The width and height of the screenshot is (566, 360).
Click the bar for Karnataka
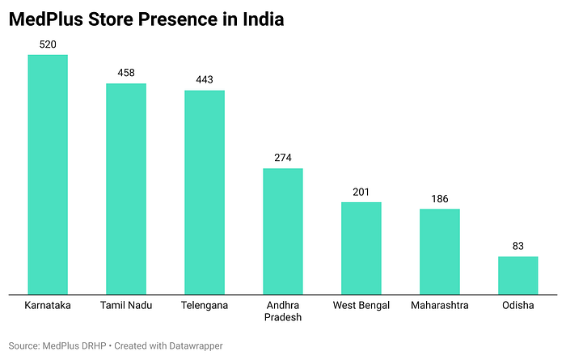pos(48,175)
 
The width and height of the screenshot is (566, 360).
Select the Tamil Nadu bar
pos(126,188)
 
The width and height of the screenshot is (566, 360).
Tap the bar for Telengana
pos(205,193)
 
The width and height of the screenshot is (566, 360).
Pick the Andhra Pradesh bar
pos(283,231)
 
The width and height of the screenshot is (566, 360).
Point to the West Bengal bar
pos(361,248)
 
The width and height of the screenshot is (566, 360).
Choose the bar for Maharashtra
pos(440,252)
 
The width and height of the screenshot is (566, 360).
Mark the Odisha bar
pos(518,276)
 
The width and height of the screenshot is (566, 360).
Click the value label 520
pos(48,44)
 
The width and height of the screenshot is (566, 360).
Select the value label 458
pos(126,73)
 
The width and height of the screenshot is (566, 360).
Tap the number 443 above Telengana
pos(205,79)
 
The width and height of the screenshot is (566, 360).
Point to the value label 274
pos(283,158)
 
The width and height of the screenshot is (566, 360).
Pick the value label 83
pos(518,246)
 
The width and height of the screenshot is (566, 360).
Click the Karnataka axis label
pos(48,306)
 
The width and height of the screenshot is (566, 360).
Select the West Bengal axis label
pos(361,306)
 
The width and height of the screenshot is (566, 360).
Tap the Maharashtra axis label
pos(440,306)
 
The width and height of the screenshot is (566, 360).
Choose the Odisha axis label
pos(518,306)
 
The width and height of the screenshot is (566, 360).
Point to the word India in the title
pos(263,19)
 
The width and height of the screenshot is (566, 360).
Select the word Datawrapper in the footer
pos(196,346)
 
